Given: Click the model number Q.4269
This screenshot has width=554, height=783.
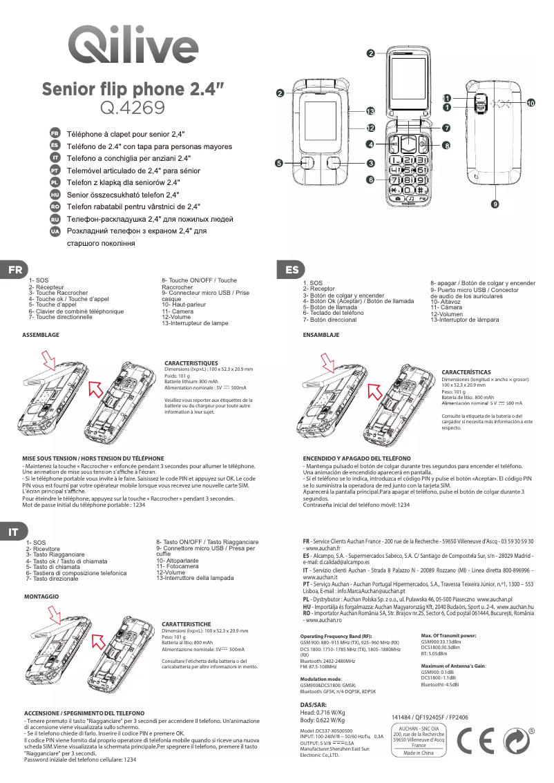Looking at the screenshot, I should [x=133, y=108].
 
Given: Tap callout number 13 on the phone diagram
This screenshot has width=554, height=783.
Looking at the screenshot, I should [x=370, y=111].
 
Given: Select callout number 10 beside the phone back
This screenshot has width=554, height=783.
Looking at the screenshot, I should [x=531, y=103].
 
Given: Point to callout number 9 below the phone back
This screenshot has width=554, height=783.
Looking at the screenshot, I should [x=495, y=204].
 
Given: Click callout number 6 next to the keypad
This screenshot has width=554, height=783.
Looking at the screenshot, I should [x=370, y=180].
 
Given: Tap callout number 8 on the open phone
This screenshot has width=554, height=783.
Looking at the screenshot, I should [x=447, y=146].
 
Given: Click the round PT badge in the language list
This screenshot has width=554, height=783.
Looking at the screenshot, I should [x=55, y=170].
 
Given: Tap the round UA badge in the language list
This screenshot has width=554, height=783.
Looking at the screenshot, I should [x=55, y=231].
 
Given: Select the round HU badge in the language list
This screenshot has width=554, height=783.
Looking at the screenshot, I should [x=55, y=195].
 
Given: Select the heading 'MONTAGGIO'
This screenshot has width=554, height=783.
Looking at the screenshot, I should [x=41, y=595].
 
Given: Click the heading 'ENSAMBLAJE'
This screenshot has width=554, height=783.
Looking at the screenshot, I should [x=321, y=334].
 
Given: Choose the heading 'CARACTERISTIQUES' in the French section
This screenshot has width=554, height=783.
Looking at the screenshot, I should [x=191, y=362].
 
